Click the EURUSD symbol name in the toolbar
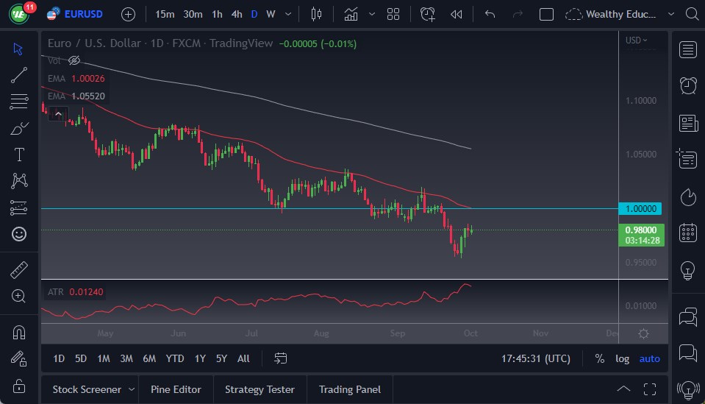coord(83,14)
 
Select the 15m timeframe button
coord(165,14)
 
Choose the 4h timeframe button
coord(236,14)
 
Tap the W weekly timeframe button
coord(271,14)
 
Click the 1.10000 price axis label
coord(642,100)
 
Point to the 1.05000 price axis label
coord(642,155)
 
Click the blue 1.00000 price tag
coord(642,208)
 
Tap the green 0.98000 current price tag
coord(642,230)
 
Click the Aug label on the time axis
coord(321,333)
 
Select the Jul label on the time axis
coord(251,333)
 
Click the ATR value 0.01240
coord(86,292)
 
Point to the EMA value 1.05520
coord(87,96)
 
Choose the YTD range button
coord(174,358)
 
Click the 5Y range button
coord(221,358)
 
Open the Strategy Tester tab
coord(260,389)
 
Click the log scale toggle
coord(622,358)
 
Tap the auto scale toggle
coord(649,358)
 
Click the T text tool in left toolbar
coord(19,155)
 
